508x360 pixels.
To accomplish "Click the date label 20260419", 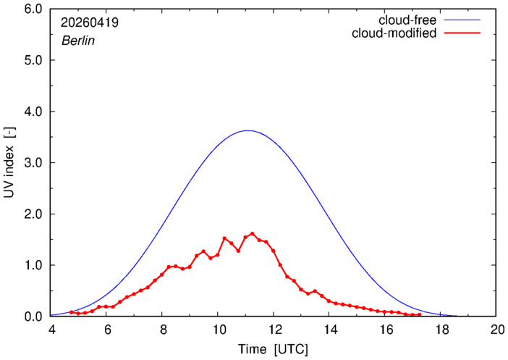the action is coord(90,22).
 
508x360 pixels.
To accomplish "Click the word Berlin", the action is coord(78,41).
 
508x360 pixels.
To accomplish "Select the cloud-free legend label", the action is coord(407,20).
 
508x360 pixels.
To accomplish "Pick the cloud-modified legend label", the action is coord(394,33).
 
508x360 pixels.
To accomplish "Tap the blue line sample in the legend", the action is coord(462,20).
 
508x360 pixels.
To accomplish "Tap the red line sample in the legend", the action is coord(462,33).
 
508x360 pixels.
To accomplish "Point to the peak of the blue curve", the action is coord(247,130).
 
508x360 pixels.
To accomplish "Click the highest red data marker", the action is coord(252,233).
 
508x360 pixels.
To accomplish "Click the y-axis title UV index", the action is coord(9,162).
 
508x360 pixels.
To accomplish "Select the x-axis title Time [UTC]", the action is coord(273,349).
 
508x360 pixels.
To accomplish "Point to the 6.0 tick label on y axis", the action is coord(33,9).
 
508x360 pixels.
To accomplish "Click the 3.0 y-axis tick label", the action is coord(33,163).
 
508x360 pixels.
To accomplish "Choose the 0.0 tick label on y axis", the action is coord(33,317).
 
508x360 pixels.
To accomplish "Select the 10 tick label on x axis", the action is coord(219,330).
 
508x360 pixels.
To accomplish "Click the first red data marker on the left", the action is coord(71,312).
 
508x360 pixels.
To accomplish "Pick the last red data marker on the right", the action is coord(420,314).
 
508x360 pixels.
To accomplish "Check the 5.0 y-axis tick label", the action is coord(33,60).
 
